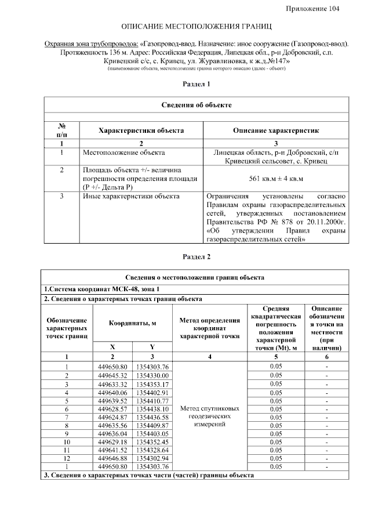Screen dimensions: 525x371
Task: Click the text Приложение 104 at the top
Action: tap(313, 8)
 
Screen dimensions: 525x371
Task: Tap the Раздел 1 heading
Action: tap(197, 85)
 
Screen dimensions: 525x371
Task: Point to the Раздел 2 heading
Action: tap(197, 256)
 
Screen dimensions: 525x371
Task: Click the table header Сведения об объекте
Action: tap(197, 105)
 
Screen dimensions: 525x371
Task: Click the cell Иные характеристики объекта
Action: tap(131, 196)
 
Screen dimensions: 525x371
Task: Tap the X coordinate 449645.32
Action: tap(113, 375)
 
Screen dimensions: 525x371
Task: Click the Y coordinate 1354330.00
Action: tap(152, 375)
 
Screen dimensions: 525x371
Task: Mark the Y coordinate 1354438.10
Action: tap(152, 409)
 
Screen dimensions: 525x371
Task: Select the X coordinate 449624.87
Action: tap(113, 417)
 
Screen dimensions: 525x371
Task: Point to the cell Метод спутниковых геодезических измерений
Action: tap(210, 417)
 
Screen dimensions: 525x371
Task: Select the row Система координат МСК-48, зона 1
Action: tap(101, 288)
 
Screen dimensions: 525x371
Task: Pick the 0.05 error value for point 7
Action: tap(276, 417)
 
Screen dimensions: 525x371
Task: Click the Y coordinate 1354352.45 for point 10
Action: tap(152, 442)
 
